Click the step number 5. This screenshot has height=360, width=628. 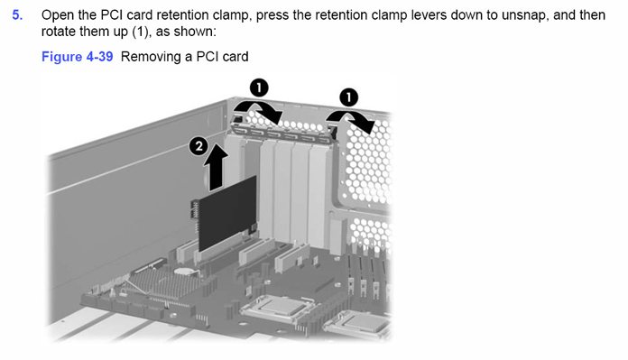coord(17,14)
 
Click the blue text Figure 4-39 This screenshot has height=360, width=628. coord(78,57)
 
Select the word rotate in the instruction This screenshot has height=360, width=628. coord(59,32)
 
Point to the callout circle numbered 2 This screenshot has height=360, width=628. coord(199,146)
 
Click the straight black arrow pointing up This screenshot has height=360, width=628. coord(216,168)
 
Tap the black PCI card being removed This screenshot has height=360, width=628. coord(227,213)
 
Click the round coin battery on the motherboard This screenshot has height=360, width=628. coord(185,271)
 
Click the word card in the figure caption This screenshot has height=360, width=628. coord(235,57)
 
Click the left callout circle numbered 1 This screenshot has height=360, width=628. coord(259,88)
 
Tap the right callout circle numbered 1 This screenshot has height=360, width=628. coord(348,97)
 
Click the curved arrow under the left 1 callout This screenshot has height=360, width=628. coord(258,107)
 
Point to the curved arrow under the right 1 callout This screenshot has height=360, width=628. coord(349,116)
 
